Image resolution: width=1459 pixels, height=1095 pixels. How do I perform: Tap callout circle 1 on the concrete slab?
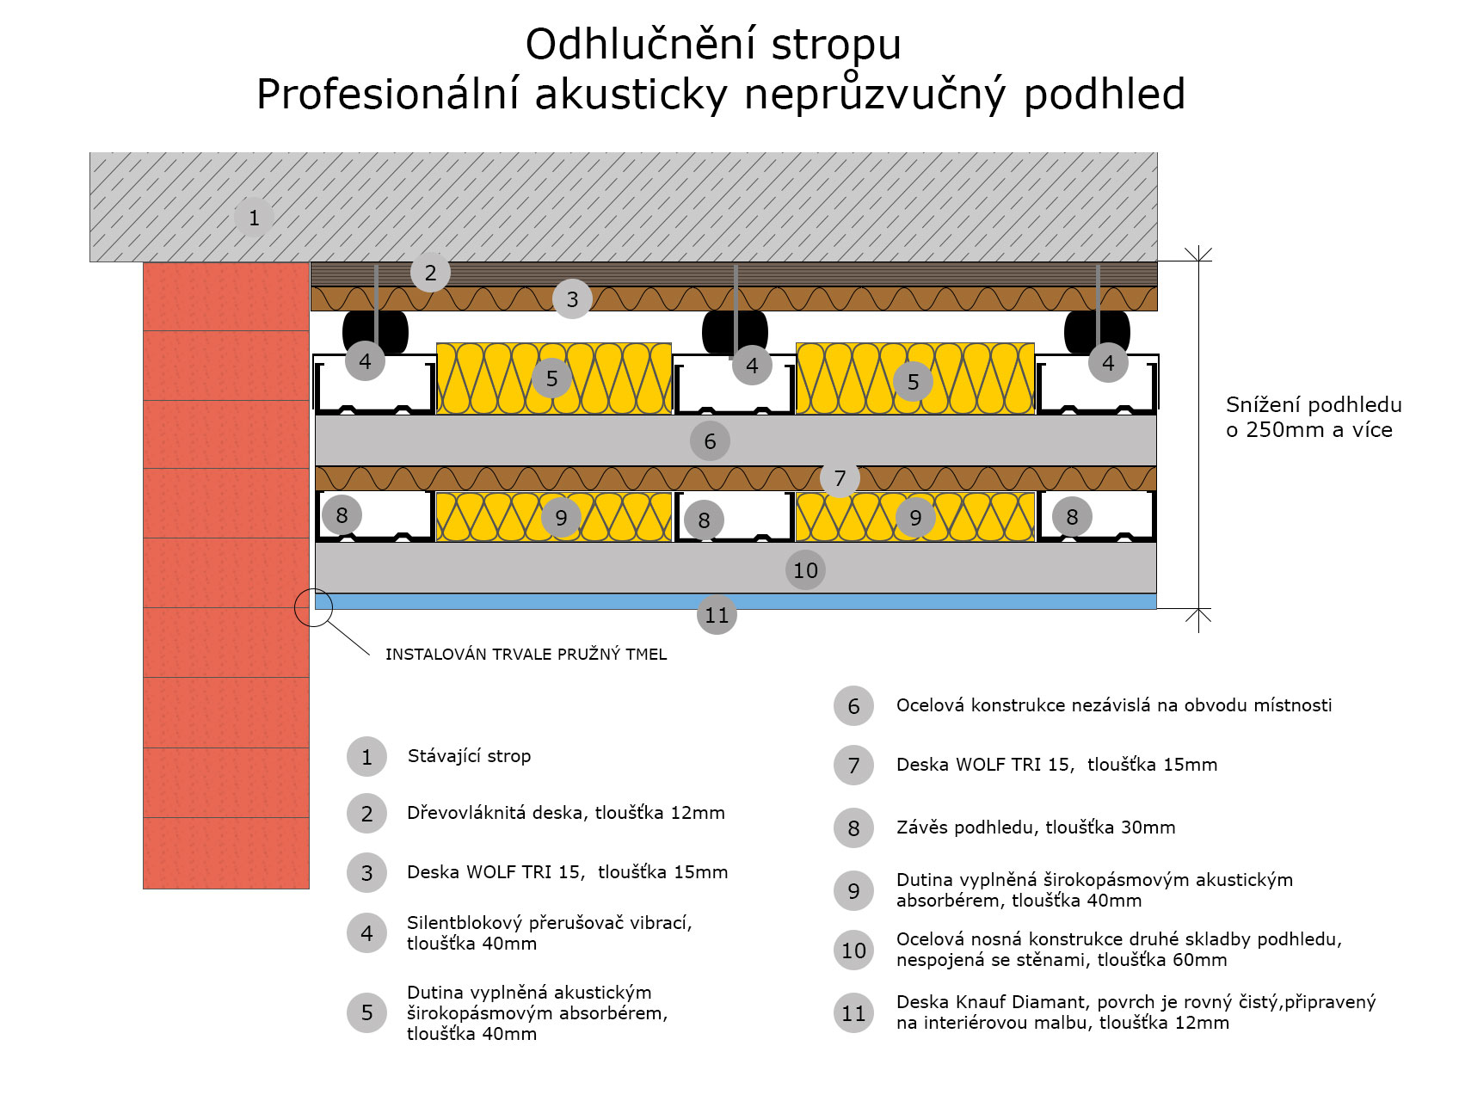click(x=254, y=218)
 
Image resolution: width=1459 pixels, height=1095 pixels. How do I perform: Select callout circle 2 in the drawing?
click(x=430, y=273)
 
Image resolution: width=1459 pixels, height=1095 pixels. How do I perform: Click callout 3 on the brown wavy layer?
click(x=572, y=299)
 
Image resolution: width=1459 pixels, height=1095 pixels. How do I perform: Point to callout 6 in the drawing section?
click(x=710, y=441)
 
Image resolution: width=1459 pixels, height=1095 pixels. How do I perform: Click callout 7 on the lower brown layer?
click(x=840, y=478)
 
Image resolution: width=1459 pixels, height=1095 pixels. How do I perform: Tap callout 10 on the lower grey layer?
click(x=805, y=570)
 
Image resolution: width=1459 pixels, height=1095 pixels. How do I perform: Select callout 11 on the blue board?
click(x=717, y=615)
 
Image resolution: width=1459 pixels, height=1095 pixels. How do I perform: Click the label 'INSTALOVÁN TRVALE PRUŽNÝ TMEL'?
click(x=526, y=655)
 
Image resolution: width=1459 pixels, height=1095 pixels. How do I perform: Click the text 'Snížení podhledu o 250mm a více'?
click(x=1314, y=417)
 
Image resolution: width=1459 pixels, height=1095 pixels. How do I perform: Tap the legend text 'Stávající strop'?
click(x=469, y=756)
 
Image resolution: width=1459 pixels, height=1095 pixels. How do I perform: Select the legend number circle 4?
click(x=366, y=933)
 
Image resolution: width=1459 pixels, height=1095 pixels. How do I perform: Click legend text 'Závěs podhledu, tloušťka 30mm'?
click(x=1036, y=827)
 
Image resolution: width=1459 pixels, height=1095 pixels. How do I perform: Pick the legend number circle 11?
click(x=853, y=1013)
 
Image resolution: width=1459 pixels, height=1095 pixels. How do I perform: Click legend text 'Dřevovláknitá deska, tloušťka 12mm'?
click(x=566, y=813)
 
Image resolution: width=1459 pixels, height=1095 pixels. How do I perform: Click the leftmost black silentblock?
click(x=375, y=332)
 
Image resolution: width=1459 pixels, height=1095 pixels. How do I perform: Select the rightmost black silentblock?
click(x=1097, y=332)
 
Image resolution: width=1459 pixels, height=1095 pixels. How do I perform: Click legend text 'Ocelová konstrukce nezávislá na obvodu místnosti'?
click(x=1114, y=705)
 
